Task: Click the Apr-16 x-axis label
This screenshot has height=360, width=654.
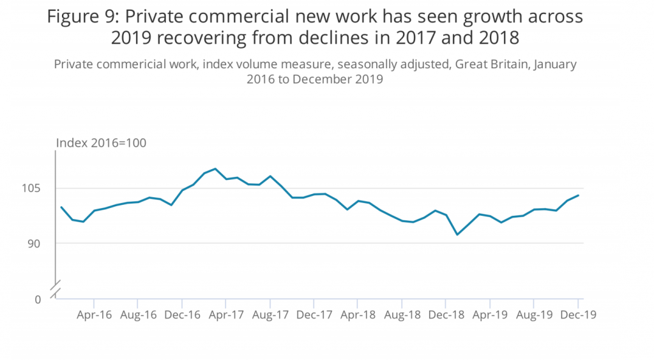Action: (94, 315)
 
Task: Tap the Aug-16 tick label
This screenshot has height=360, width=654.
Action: (138, 315)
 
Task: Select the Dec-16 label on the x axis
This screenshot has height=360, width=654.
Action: (182, 315)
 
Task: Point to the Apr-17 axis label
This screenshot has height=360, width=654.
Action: (226, 315)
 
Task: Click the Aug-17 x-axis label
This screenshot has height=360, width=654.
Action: (270, 315)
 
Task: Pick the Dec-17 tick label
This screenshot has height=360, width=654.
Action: (314, 315)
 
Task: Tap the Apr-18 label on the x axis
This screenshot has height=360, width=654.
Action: (358, 315)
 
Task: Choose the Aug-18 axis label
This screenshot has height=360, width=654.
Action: (402, 315)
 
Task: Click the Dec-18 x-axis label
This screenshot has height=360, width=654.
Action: (446, 315)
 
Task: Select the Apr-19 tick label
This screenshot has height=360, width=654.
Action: (490, 315)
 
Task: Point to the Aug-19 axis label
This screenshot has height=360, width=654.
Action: (535, 315)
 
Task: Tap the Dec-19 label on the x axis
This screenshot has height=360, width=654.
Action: (579, 315)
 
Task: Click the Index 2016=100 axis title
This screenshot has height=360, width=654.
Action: (102, 142)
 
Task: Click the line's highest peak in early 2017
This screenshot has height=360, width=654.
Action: (215, 169)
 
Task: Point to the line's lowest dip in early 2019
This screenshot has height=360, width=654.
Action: (457, 235)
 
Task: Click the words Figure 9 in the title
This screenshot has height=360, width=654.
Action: (79, 18)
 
